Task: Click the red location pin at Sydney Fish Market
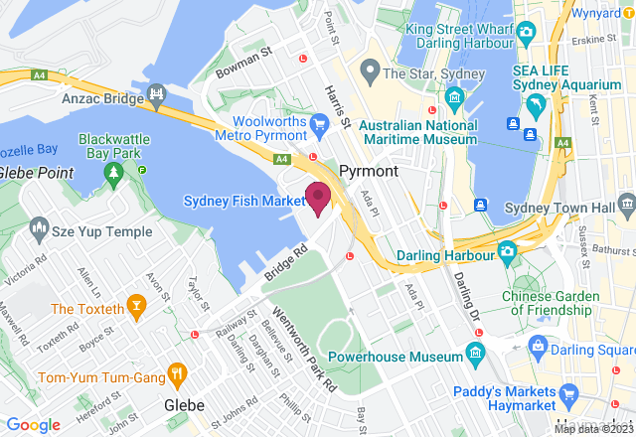(x=317, y=196)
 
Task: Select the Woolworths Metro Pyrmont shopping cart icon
(x=319, y=123)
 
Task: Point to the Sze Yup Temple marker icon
(x=40, y=230)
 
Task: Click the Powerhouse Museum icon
(x=475, y=353)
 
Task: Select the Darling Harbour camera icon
(x=507, y=251)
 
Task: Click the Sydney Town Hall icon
(x=626, y=206)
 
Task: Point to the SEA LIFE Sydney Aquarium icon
(x=536, y=105)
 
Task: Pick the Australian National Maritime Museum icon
(x=455, y=97)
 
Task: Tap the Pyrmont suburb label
(x=368, y=171)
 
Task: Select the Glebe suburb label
(x=184, y=405)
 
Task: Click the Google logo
(x=34, y=424)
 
